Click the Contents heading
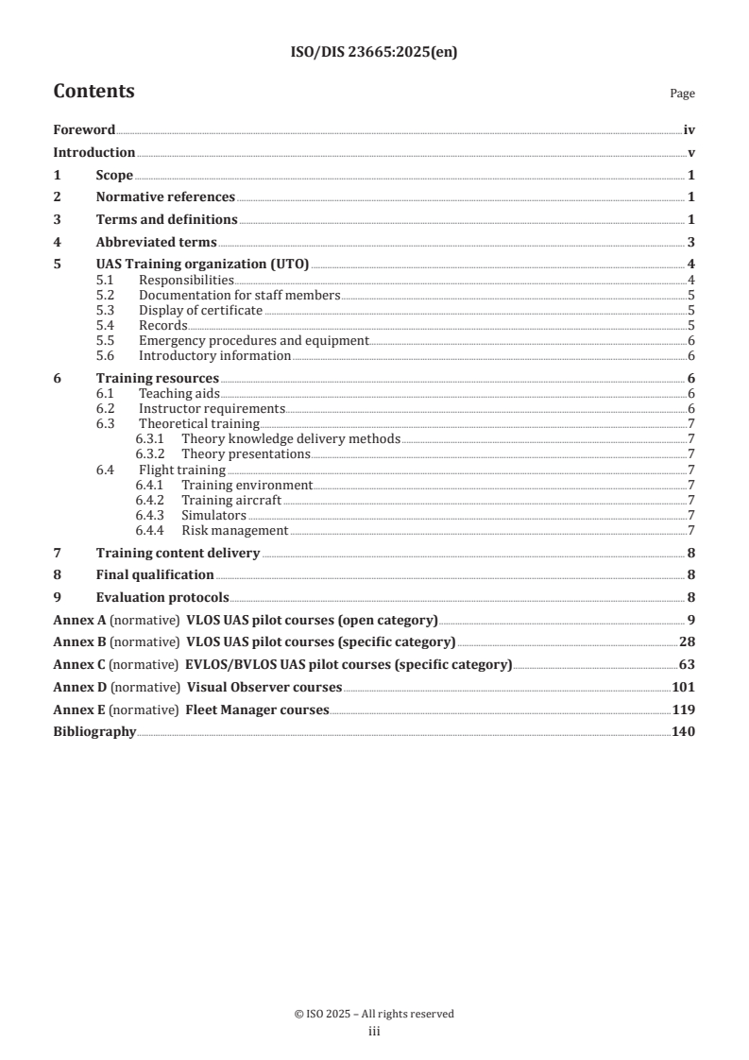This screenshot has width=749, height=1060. [x=94, y=92]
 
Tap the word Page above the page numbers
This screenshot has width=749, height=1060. [x=682, y=94]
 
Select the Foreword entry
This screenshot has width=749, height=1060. [x=84, y=130]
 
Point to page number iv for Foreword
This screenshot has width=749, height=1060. [x=689, y=130]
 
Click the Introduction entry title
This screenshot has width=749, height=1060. [x=94, y=153]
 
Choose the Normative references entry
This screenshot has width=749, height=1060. [x=165, y=197]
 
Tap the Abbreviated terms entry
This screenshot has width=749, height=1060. [x=156, y=242]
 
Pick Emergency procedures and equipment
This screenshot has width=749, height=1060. [x=253, y=340]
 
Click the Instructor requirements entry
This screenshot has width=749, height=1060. [x=212, y=409]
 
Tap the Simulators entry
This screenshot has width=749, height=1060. [x=213, y=515]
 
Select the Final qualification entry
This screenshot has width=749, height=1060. [x=155, y=574]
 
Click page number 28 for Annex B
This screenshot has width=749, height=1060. [x=688, y=642]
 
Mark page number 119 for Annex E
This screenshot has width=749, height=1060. [x=684, y=710]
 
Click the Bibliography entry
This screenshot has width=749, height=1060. [x=94, y=731]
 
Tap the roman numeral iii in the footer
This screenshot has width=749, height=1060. [x=374, y=1032]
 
